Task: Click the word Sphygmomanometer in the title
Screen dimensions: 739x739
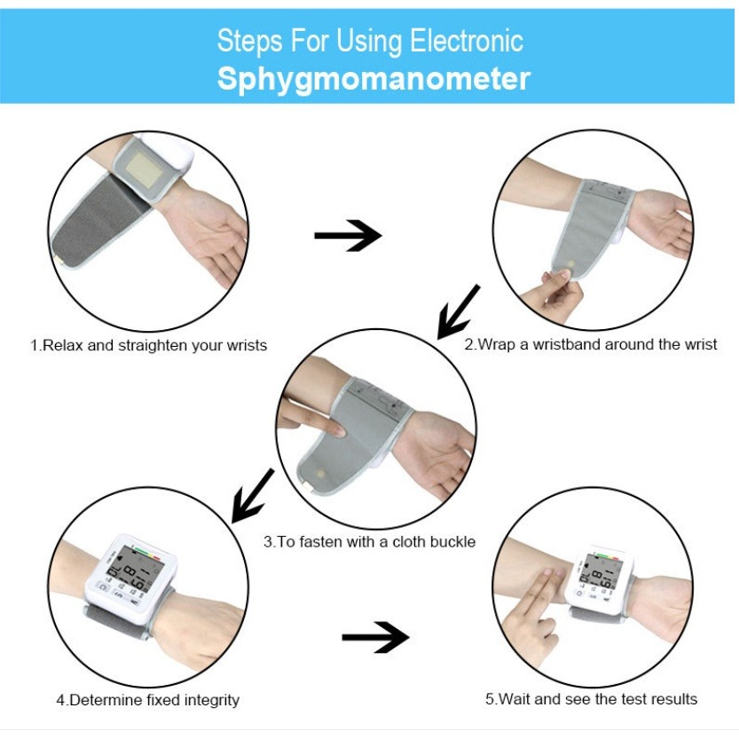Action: [x=373, y=79]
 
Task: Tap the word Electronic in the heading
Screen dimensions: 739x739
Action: [x=466, y=41]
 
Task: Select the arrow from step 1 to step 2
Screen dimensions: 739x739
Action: [x=348, y=235]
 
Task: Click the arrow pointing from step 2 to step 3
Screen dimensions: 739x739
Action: [x=458, y=311]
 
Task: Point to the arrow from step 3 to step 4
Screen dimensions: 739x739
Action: [x=253, y=496]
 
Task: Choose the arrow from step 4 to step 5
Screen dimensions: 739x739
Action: [x=375, y=637]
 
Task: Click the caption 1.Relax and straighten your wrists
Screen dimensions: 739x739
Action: [x=148, y=345]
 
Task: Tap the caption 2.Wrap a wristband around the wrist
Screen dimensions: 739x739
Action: [x=591, y=344]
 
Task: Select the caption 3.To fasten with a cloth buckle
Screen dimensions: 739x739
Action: [x=369, y=542]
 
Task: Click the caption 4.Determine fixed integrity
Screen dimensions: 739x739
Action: [x=148, y=700]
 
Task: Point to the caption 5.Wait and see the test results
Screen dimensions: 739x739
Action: [x=592, y=698]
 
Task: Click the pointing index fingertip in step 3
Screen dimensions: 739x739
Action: [x=338, y=429]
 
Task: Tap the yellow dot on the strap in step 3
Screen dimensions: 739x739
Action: [x=321, y=473]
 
